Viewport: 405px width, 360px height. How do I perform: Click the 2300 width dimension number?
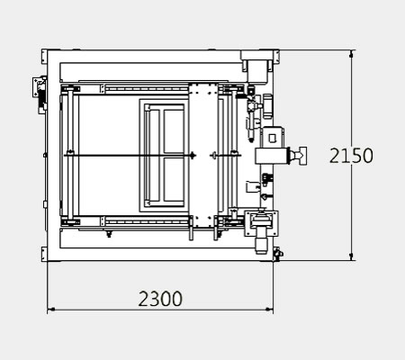click(x=160, y=299)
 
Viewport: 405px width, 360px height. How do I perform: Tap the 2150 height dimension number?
click(x=351, y=156)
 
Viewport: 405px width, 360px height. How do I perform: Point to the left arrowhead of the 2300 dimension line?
click(x=51, y=309)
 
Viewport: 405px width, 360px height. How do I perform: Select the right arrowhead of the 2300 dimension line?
click(x=270, y=309)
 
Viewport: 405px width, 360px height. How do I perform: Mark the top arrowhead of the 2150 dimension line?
click(x=352, y=54)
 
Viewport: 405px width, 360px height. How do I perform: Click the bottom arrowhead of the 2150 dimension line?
click(x=352, y=256)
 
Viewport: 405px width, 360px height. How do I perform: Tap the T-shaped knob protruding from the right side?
click(x=299, y=156)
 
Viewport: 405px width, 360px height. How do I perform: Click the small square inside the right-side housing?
click(x=272, y=138)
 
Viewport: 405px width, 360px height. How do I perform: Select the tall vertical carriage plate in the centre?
click(x=203, y=156)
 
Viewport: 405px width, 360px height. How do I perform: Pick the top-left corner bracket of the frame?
click(x=44, y=57)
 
